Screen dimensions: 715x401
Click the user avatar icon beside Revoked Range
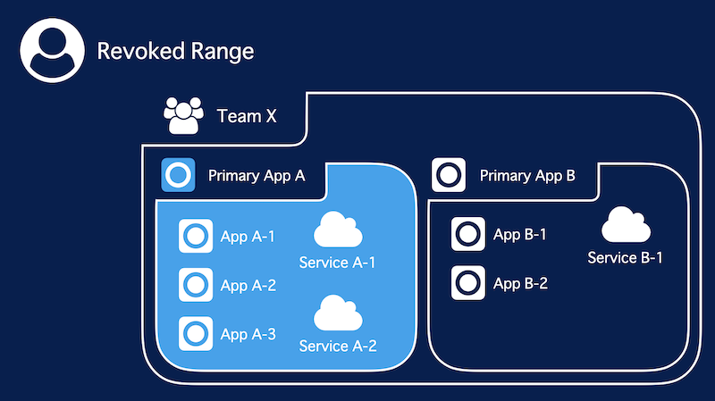(53, 51)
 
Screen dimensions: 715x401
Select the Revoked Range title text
(175, 51)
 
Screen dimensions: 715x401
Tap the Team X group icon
(183, 115)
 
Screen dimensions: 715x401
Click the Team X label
(247, 116)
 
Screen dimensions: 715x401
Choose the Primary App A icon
(178, 175)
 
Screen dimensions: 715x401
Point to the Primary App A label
(257, 176)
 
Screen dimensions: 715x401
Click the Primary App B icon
(449, 175)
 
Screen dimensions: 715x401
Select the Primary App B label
(527, 176)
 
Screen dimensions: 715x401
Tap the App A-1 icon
(196, 236)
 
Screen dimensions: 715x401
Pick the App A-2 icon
(196, 285)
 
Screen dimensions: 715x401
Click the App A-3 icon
(196, 333)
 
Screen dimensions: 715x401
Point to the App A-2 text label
(248, 286)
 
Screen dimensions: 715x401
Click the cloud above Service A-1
(338, 230)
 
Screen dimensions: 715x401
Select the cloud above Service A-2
(338, 313)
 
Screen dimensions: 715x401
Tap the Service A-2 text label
(338, 347)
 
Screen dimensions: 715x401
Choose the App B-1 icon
(467, 234)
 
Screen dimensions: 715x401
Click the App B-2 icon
(467, 282)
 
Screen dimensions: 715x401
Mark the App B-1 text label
(520, 235)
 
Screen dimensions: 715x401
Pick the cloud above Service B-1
(626, 224)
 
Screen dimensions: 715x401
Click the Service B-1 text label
(625, 258)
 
